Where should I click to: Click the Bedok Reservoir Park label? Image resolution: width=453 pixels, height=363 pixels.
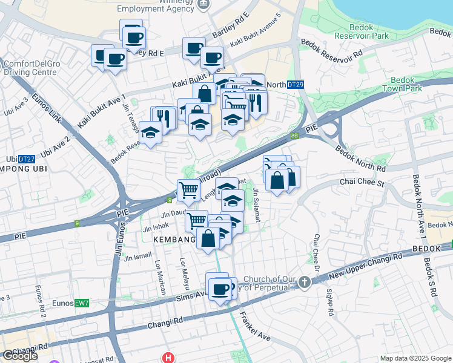click(377, 31)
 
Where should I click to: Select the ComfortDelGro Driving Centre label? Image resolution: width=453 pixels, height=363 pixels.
click(30, 68)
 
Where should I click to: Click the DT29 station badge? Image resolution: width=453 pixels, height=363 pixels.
click(296, 85)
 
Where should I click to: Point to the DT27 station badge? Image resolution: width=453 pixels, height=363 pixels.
click(26, 159)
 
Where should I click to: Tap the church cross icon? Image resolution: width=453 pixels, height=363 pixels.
click(304, 282)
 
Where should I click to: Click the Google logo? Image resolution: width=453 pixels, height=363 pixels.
click(20, 356)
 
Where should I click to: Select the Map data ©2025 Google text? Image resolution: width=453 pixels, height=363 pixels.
click(416, 358)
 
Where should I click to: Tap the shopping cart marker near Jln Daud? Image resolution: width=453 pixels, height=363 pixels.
click(196, 221)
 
